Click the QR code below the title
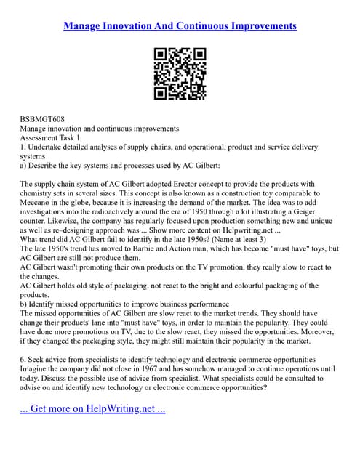pyautogui.click(x=180, y=73)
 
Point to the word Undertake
pyautogui.click(x=52, y=147)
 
